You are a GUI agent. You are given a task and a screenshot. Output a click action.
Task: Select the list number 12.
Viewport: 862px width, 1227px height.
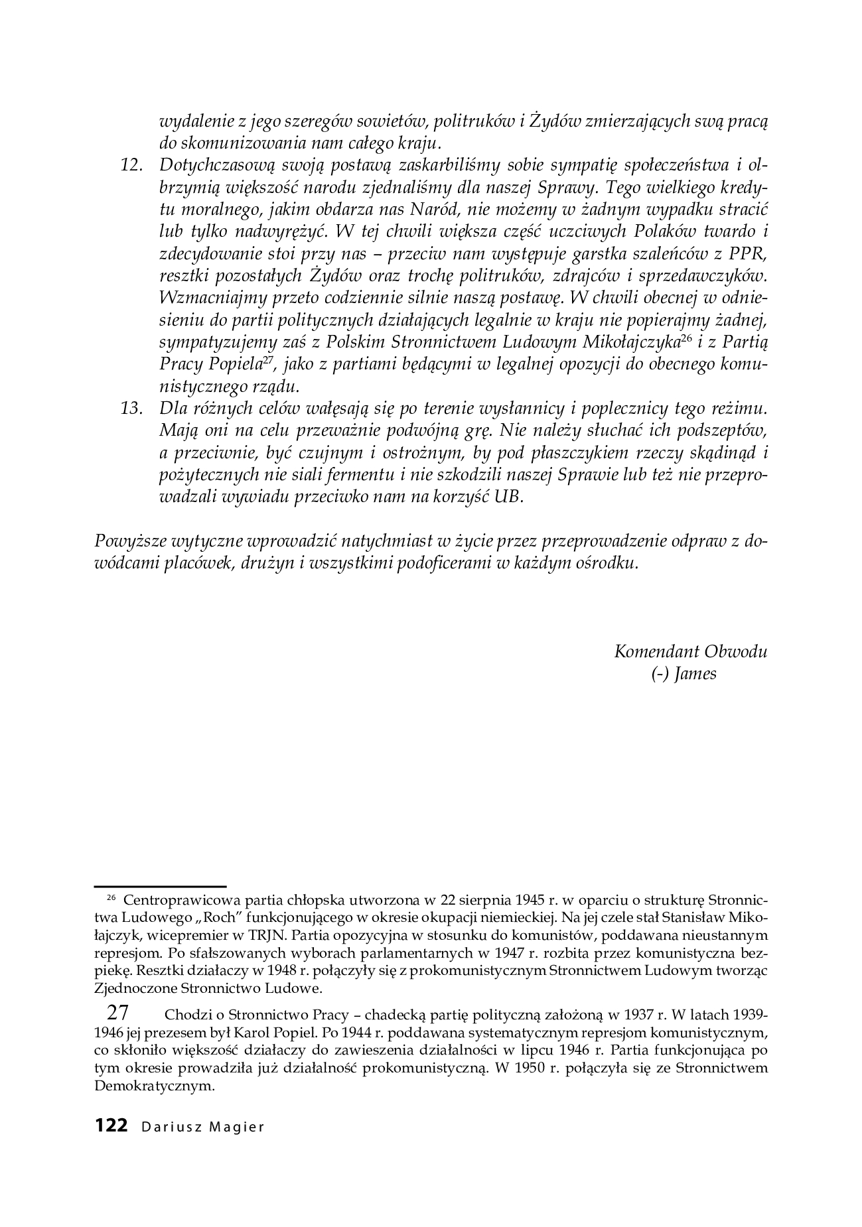pos(133,165)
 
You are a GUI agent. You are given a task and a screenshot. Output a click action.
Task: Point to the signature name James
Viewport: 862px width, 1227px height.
pos(695,675)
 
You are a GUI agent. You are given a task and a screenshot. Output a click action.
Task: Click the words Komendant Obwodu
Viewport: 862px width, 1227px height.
pos(691,651)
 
